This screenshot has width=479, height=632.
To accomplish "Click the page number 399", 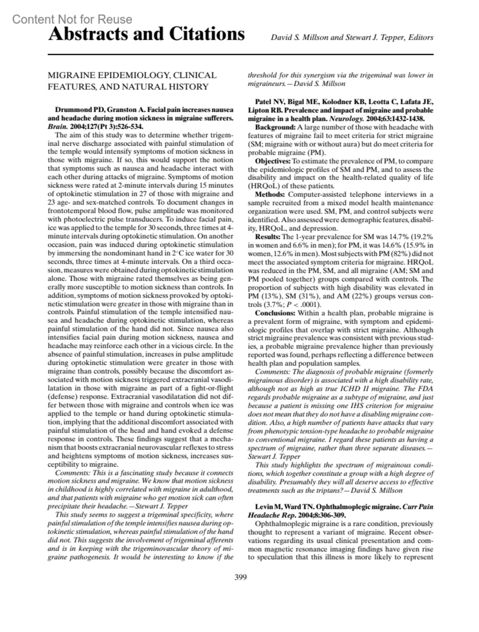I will (x=240, y=577).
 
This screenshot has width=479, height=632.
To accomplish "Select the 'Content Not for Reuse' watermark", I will (x=72, y=19).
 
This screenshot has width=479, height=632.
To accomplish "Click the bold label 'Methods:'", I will (x=270, y=195).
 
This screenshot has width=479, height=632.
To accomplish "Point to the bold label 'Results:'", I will (x=267, y=237).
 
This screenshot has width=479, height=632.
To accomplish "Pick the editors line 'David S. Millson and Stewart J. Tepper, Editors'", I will (x=352, y=38).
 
